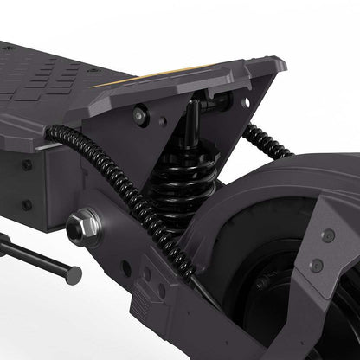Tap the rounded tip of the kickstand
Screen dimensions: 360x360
[74, 276]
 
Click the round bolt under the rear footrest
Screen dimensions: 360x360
[140, 113]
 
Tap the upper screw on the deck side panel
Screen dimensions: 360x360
[27, 164]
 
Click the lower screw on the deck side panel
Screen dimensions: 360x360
[27, 205]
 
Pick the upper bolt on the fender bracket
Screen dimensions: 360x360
[328, 235]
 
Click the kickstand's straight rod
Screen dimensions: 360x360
[35, 258]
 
